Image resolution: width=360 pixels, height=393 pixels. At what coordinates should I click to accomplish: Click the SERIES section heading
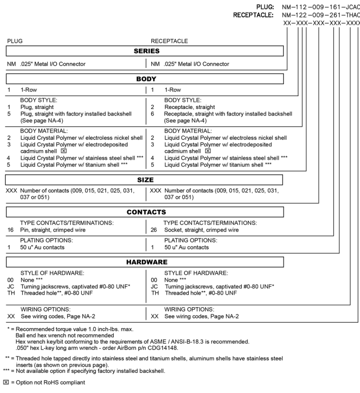click(x=145, y=51)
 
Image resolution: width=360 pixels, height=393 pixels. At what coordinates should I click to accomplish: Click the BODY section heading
click(x=145, y=79)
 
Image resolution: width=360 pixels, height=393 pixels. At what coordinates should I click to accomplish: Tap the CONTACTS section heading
click(x=145, y=212)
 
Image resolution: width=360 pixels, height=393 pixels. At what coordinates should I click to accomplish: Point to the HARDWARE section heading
click(x=145, y=262)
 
